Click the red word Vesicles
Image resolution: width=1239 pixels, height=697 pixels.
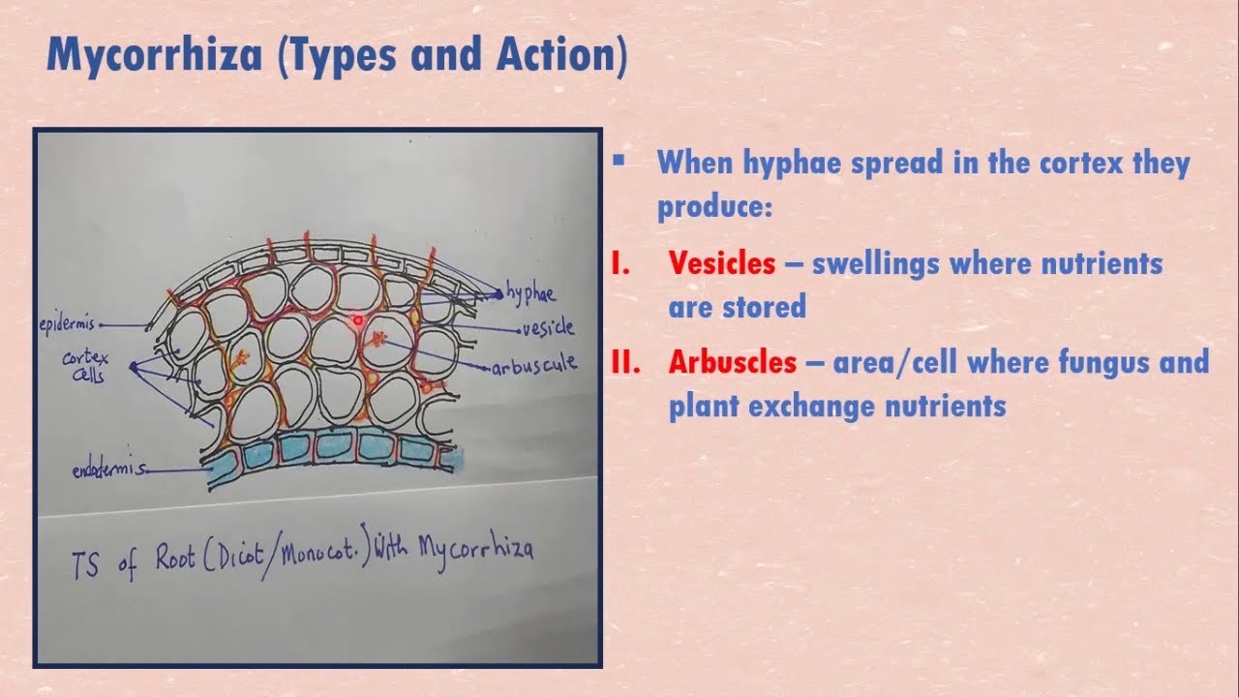[x=721, y=263]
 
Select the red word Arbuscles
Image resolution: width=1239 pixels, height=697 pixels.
[x=733, y=362]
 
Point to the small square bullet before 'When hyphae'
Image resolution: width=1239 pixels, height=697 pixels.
[x=619, y=159]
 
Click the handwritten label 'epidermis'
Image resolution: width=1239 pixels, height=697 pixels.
[x=67, y=324]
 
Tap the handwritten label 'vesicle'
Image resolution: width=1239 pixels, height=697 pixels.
[x=547, y=328]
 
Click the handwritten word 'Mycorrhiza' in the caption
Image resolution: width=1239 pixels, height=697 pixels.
[x=475, y=549]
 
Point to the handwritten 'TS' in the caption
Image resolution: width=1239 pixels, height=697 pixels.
[x=86, y=565]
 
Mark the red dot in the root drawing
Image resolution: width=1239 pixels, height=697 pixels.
[x=357, y=318]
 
